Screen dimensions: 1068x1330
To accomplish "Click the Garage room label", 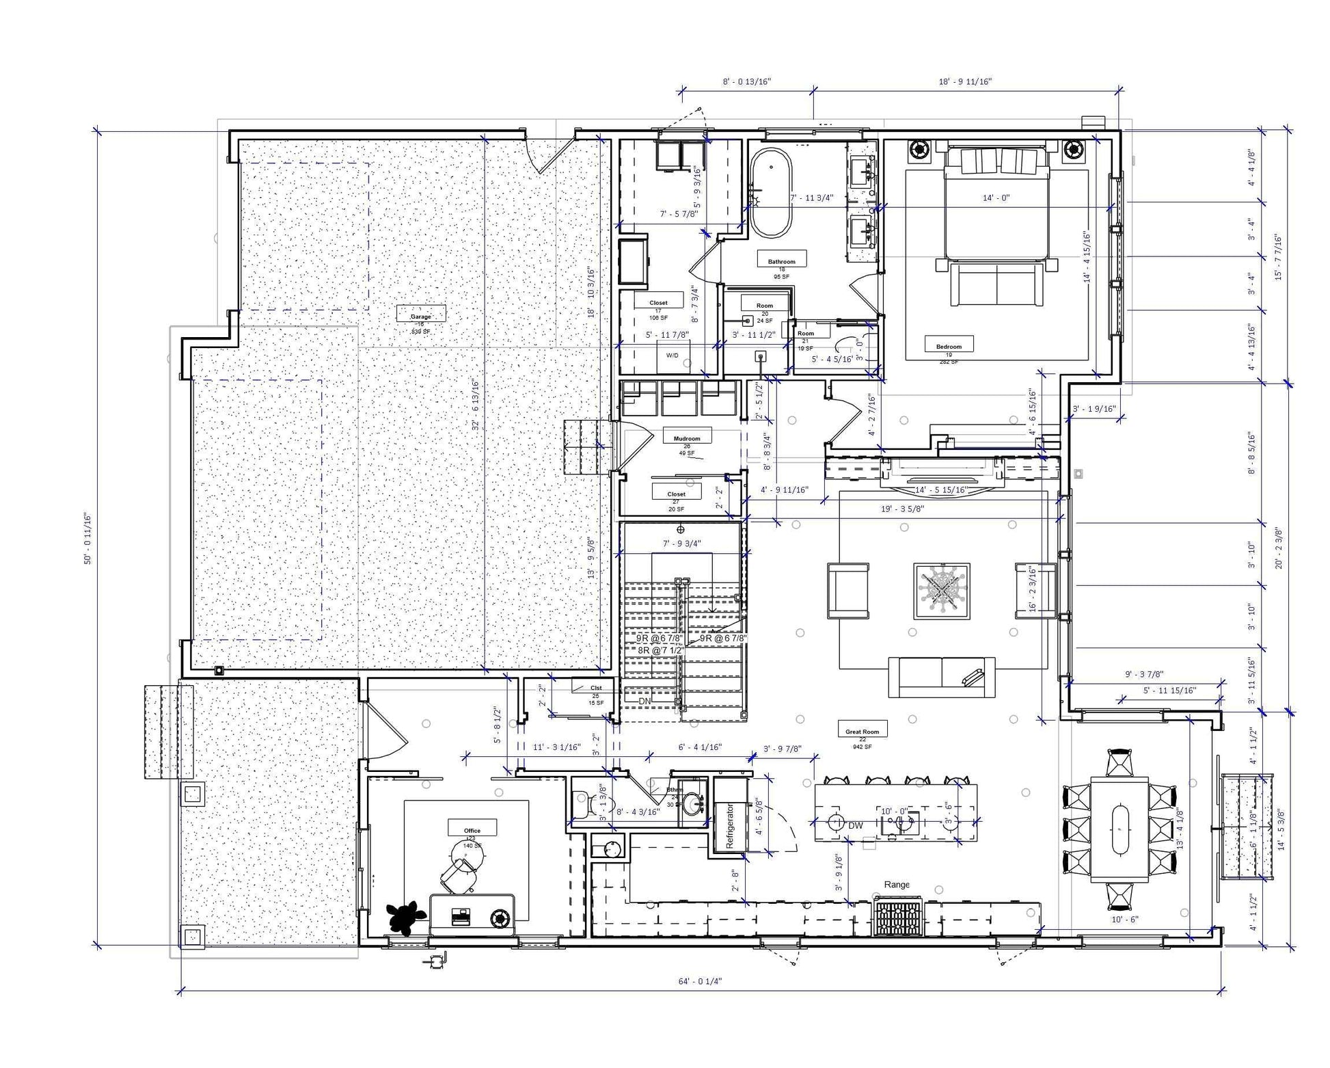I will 421,317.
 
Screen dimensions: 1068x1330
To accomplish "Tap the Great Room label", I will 862,731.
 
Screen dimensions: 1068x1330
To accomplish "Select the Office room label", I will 472,830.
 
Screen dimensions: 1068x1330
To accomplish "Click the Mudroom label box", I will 687,438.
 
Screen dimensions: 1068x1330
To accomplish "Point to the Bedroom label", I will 949,346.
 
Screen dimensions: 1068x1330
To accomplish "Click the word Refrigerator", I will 730,825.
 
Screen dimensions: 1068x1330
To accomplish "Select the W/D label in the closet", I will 673,356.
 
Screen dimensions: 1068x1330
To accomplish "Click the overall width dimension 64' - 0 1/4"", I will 700,980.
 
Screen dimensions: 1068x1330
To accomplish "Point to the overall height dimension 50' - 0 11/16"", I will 87,538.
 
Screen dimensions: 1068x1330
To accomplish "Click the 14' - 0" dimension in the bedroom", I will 996,198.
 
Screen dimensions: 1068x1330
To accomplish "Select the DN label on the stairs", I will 644,701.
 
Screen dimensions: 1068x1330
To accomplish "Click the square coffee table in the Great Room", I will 942,591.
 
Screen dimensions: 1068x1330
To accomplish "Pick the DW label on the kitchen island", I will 856,825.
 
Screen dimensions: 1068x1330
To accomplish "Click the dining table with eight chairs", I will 1119,828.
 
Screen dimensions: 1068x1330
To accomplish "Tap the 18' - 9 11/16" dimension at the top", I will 964,81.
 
